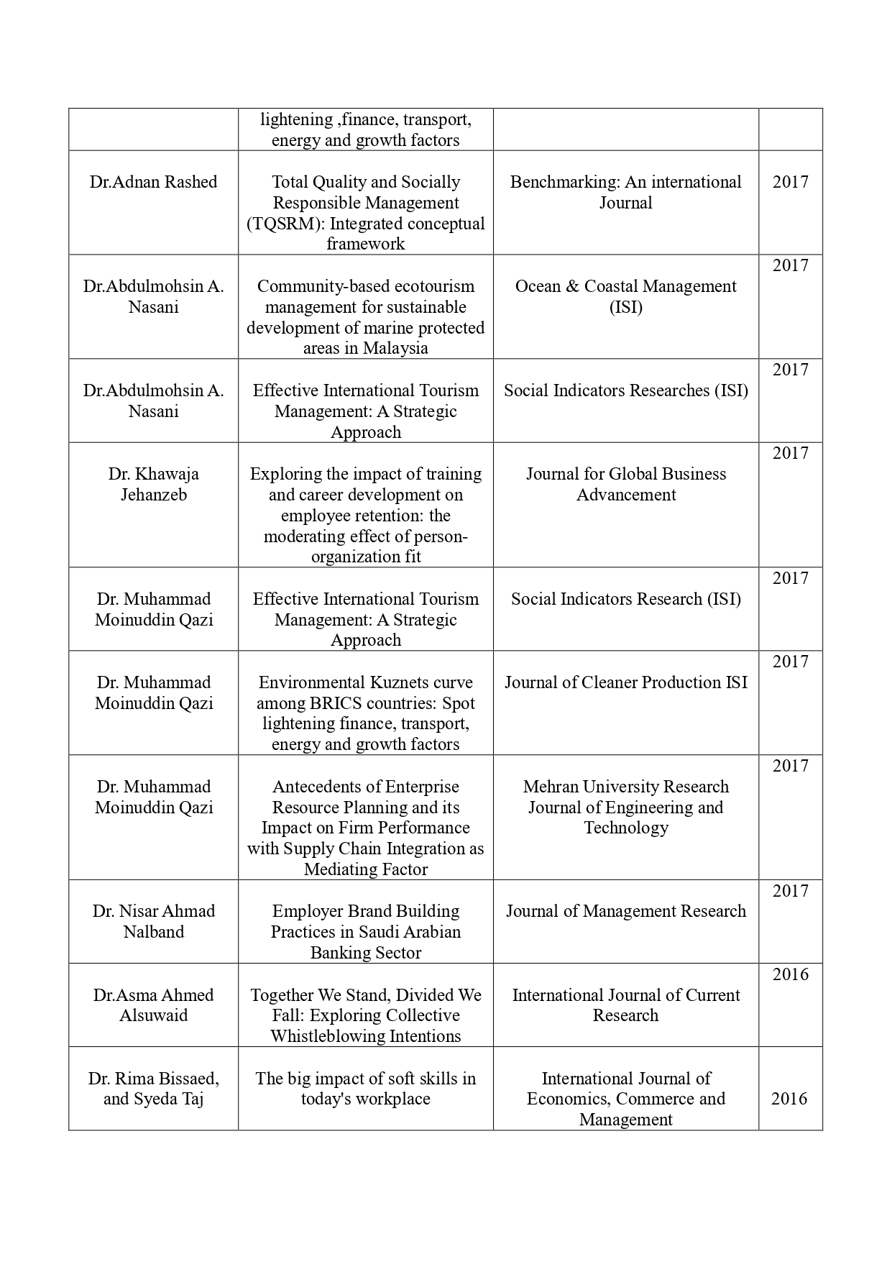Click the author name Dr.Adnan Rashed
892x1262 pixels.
(x=153, y=182)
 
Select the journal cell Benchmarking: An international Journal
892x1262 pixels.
(x=625, y=192)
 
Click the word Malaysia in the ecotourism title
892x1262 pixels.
(x=395, y=349)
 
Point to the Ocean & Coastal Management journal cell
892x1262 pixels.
(x=625, y=296)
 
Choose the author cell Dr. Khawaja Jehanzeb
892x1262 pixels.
(x=153, y=484)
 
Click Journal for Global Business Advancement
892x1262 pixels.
(x=625, y=484)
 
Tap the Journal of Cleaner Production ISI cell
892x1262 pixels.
(x=625, y=682)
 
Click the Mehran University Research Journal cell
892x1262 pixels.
(x=625, y=807)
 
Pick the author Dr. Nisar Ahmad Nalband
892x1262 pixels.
(x=153, y=921)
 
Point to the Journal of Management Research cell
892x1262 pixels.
(x=625, y=912)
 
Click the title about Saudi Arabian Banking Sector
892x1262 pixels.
(x=365, y=932)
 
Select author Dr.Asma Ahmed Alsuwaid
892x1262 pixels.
(x=153, y=1005)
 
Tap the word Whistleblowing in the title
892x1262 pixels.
(x=327, y=1036)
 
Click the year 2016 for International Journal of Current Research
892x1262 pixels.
(x=790, y=975)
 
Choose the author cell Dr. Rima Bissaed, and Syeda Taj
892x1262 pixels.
(x=153, y=1089)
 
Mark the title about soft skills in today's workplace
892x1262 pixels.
(x=365, y=1089)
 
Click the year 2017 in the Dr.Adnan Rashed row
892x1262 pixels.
(x=790, y=182)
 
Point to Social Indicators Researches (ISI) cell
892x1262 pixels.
(x=625, y=390)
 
